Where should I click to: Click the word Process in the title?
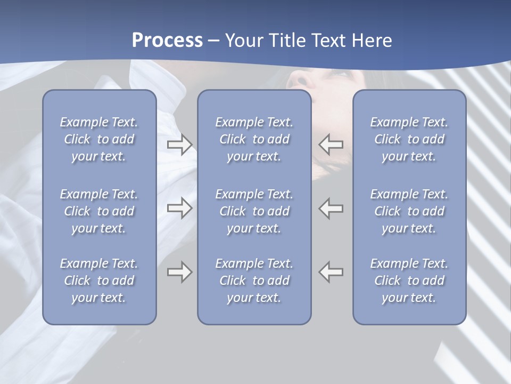coord(167,41)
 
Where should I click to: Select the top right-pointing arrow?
coord(179,144)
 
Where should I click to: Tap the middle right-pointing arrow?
coord(179,208)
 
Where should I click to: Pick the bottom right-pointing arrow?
coord(179,272)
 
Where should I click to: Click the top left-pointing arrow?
coord(331,144)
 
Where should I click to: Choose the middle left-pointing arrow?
coord(331,208)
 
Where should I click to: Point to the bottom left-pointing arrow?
coord(331,272)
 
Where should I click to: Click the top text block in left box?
coord(99,139)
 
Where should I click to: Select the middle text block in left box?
coord(99,211)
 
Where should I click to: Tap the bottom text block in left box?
coord(99,281)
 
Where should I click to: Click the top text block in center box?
coord(254,139)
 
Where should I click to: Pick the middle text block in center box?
coord(254,211)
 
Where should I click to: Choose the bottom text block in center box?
coord(254,281)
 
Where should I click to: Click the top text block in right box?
coord(409,139)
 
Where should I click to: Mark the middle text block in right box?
coord(409,211)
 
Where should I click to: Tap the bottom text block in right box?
coord(409,281)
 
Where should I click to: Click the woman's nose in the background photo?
coord(298,79)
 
